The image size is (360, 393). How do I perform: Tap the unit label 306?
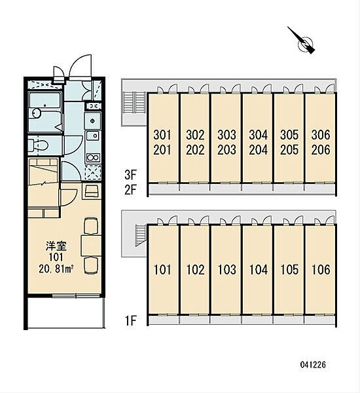[321, 135]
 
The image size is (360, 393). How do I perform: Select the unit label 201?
[162, 149]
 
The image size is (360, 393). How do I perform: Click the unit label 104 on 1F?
[259, 270]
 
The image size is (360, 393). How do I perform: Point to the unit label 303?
[226, 135]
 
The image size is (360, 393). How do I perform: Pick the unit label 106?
[321, 270]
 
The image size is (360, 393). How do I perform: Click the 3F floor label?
[130, 175]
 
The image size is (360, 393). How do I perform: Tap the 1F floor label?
[130, 320]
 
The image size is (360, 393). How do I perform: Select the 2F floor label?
[130, 190]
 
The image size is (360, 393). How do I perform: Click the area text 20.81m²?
[56, 269]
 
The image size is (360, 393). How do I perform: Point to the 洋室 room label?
[56, 246]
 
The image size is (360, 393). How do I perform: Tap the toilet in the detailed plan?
[38, 145]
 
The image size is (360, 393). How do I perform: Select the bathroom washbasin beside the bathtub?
[36, 113]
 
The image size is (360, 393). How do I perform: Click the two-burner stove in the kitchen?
[93, 158]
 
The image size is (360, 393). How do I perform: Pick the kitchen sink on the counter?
[93, 136]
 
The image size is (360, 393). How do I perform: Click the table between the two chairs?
[91, 246]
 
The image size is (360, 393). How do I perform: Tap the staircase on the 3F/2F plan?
[135, 103]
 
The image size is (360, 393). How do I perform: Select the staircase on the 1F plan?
[141, 236]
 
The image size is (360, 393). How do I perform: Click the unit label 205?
[289, 149]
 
